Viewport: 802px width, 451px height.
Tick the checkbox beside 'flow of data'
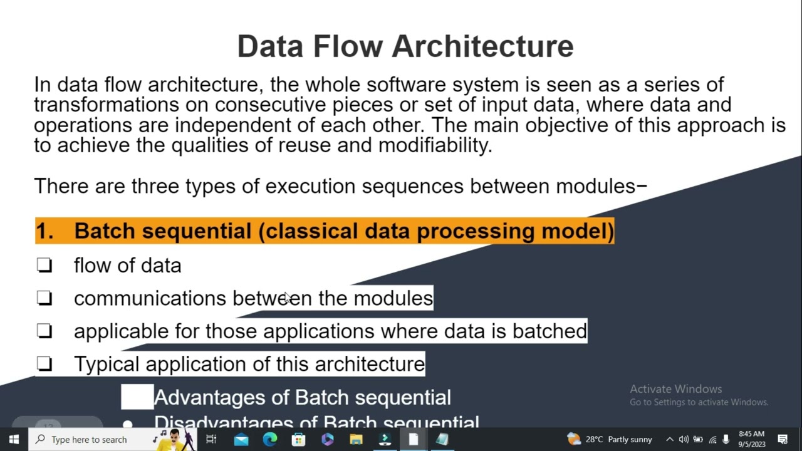click(x=44, y=266)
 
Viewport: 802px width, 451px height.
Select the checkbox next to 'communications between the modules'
click(x=44, y=298)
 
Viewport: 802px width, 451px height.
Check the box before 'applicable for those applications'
click(x=44, y=331)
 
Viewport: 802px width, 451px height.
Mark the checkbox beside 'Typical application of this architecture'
click(x=44, y=364)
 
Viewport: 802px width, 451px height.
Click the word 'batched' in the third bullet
click(x=549, y=331)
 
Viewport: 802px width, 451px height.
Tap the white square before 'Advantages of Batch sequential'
click(x=137, y=397)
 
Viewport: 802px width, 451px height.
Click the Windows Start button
click(x=14, y=440)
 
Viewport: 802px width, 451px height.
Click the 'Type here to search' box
click(x=94, y=440)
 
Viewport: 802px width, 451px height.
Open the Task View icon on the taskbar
click(x=211, y=440)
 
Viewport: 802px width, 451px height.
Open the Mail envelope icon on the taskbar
click(x=241, y=440)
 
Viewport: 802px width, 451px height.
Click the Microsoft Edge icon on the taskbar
click(x=270, y=440)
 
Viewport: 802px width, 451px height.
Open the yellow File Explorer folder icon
click(x=356, y=440)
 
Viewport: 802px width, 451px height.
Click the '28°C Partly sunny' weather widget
click(x=610, y=440)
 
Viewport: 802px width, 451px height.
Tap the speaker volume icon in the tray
click(x=684, y=440)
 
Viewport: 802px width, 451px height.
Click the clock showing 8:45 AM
click(x=751, y=439)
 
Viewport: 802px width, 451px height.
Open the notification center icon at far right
click(x=783, y=440)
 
